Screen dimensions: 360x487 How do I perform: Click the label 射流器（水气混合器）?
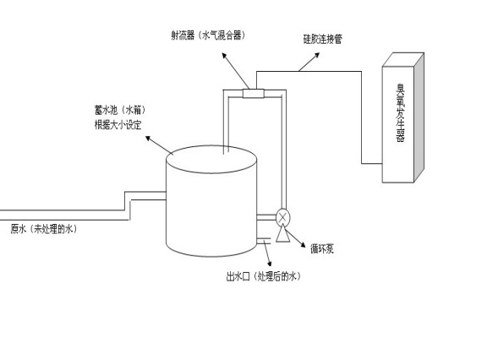click(208, 35)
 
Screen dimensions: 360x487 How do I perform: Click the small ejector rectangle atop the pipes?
click(253, 93)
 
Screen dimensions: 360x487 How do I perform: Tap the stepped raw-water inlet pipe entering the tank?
click(127, 203)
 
